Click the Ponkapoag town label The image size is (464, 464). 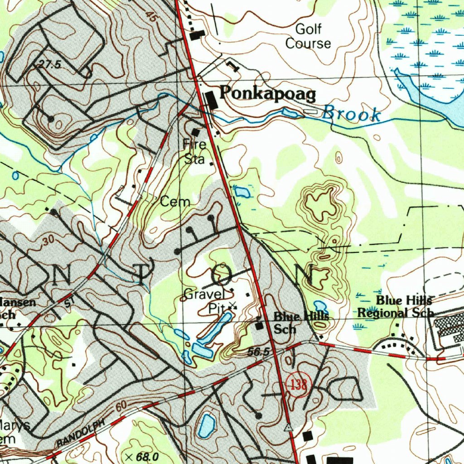(x=267, y=94)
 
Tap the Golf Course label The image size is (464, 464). (x=308, y=37)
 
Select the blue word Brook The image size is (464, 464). (x=351, y=114)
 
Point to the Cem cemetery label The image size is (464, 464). (x=175, y=202)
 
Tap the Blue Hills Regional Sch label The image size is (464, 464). (x=396, y=307)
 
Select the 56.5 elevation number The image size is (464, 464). (x=259, y=352)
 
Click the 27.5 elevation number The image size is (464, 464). (x=49, y=65)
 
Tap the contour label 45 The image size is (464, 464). (x=151, y=16)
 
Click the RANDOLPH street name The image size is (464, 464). (x=81, y=434)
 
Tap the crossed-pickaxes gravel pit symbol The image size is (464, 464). (x=232, y=306)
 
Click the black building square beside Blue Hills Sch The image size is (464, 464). (x=260, y=325)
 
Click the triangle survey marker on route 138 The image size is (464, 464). (x=288, y=427)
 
